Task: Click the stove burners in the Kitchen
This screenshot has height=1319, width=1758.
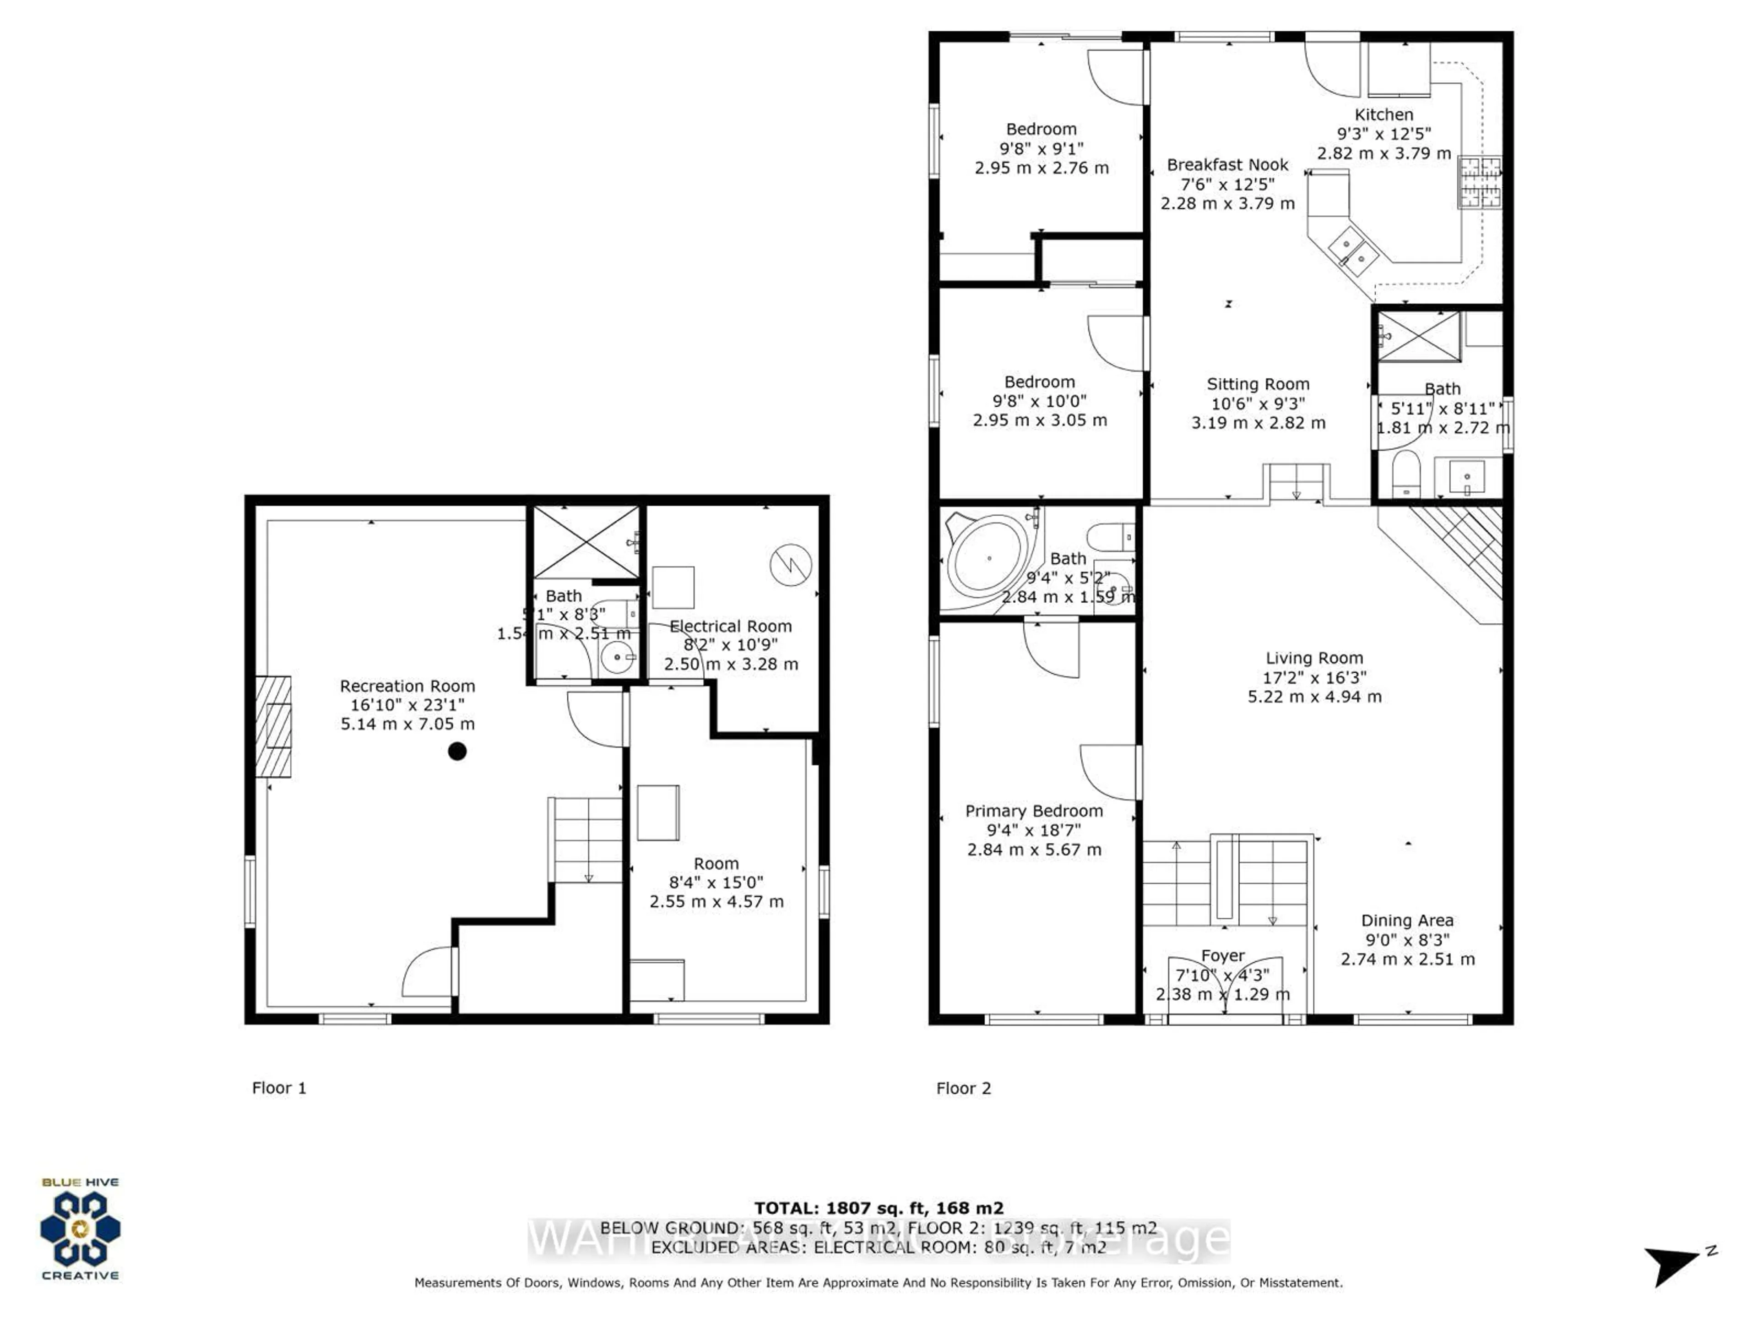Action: (1480, 182)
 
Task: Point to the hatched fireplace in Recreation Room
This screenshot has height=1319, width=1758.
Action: (273, 727)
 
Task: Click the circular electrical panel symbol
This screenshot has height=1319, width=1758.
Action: (791, 565)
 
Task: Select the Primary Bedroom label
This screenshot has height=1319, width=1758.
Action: (1034, 811)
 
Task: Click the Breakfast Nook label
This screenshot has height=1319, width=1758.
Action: (1227, 164)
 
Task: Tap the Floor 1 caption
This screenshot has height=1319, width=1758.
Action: (279, 1088)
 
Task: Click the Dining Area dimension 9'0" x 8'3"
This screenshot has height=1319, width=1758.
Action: (1407, 940)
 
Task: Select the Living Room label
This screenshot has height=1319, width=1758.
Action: (1314, 658)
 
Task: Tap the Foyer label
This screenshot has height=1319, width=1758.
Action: (1222, 956)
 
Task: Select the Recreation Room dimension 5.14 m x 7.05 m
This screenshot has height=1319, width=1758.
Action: (408, 724)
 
